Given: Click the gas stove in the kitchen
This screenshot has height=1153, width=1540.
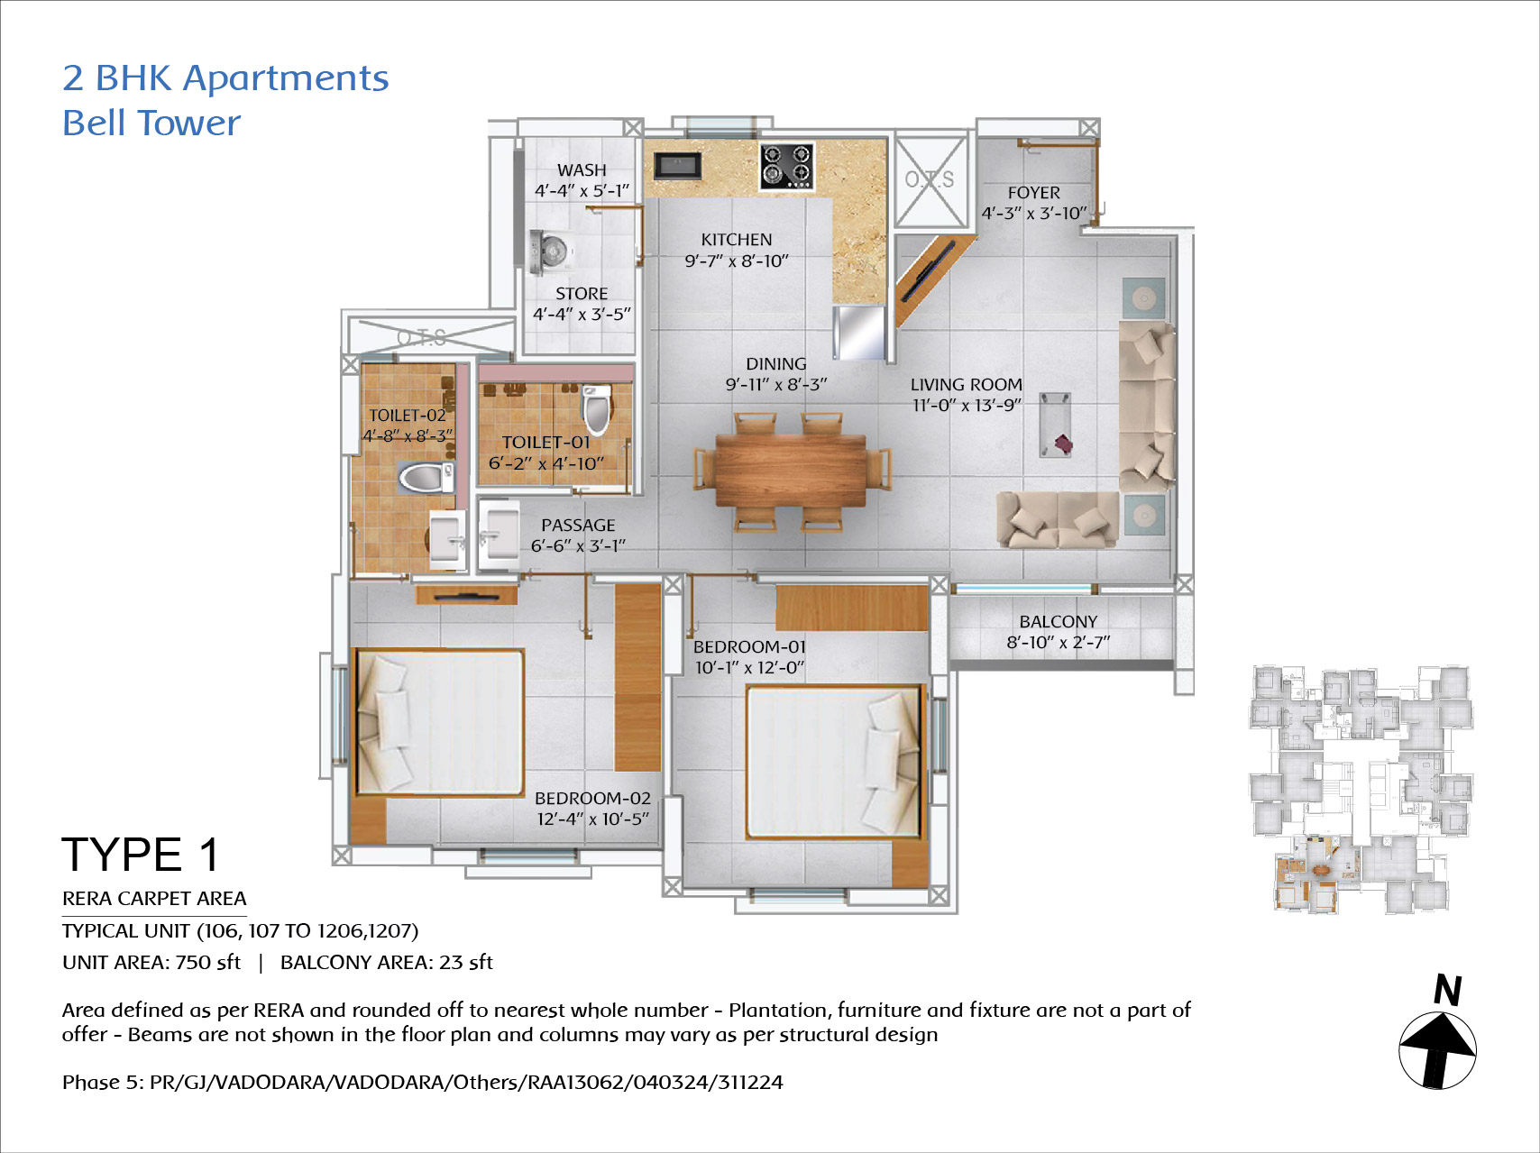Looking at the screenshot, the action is tap(786, 166).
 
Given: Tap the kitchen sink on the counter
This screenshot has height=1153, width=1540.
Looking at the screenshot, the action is tap(677, 165).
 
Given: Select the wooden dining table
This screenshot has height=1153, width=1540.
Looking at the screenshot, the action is tap(791, 471).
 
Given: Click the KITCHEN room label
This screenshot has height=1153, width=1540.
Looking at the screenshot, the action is tap(737, 240).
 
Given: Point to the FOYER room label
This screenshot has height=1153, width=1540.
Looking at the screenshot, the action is tap(1034, 193).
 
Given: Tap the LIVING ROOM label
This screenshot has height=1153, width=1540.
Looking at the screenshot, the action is tap(967, 385).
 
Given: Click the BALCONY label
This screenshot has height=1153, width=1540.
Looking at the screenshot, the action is tap(1059, 622).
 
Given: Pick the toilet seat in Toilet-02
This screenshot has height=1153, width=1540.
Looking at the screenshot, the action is tap(426, 478).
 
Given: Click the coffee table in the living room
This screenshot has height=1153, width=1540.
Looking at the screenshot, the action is tap(1055, 425).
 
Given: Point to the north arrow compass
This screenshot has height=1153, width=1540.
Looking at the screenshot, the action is tap(1437, 1050).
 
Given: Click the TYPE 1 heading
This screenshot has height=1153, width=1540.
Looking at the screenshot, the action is tap(141, 855).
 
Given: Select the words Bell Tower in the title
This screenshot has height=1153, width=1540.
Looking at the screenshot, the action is tap(151, 123).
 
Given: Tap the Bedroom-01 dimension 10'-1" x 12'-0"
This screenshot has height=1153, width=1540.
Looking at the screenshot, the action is tap(749, 668).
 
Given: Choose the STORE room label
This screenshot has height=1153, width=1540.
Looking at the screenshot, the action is tap(582, 294).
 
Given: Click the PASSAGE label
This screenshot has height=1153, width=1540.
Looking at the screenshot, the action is tap(578, 526).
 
